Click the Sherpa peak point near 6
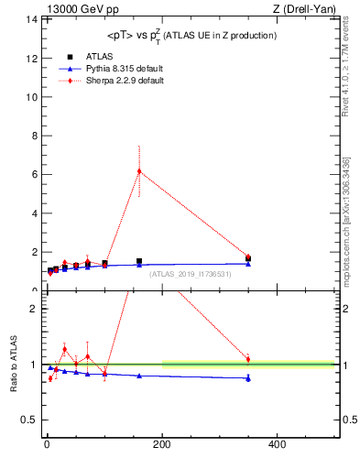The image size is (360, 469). [x=139, y=171]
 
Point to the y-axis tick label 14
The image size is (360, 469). [x=32, y=19]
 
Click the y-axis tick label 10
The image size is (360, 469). [x=32, y=97]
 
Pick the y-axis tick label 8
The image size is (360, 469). [x=35, y=136]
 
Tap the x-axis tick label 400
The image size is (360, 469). [x=277, y=444]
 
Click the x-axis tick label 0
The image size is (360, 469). [x=47, y=444]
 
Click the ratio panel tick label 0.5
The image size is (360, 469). [x=29, y=420]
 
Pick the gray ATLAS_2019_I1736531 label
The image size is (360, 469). [x=191, y=274]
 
